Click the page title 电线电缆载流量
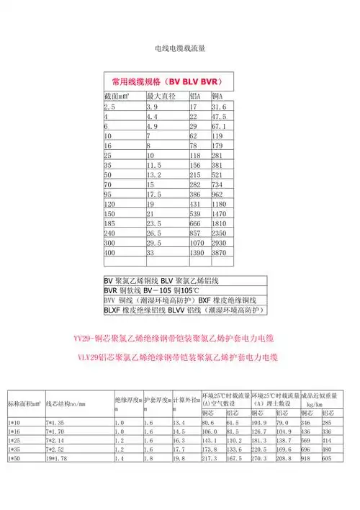pos(180,48)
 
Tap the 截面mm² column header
pos(118,96)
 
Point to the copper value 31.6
pos(219,106)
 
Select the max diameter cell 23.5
pos(154,224)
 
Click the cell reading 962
pos(218,194)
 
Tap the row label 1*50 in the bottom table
pos(15,457)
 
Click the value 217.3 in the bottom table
pos(210,457)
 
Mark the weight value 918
pos(307,457)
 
